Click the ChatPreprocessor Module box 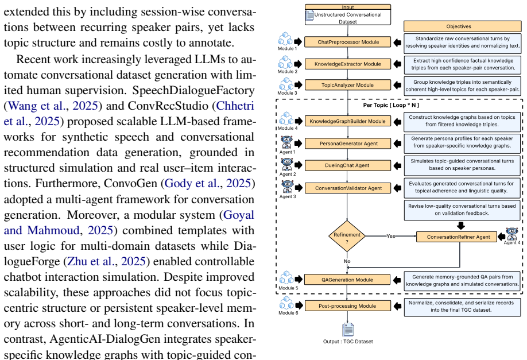pyautogui.click(x=347, y=42)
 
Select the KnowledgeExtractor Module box pyautogui.click(x=347, y=64)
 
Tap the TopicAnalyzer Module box pyautogui.click(x=347, y=85)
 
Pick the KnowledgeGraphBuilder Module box pyautogui.click(x=347, y=121)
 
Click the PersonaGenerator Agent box pyautogui.click(x=347, y=144)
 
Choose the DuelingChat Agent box pyautogui.click(x=347, y=165)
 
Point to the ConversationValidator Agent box pyautogui.click(x=347, y=188)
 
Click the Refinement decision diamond pyautogui.click(x=347, y=236)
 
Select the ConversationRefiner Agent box pyautogui.click(x=456, y=237)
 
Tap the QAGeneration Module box pyautogui.click(x=347, y=280)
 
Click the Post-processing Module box pyautogui.click(x=347, y=306)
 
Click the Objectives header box pyautogui.click(x=462, y=26)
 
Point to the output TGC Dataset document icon pyautogui.click(x=348, y=330)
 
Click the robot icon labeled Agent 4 pyautogui.click(x=511, y=234)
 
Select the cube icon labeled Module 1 pyautogui.click(x=285, y=39)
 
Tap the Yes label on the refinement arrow pyautogui.click(x=390, y=236)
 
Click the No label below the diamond pyautogui.click(x=347, y=261)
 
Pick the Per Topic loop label pyautogui.click(x=391, y=105)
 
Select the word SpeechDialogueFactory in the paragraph pyautogui.click(x=193, y=91)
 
